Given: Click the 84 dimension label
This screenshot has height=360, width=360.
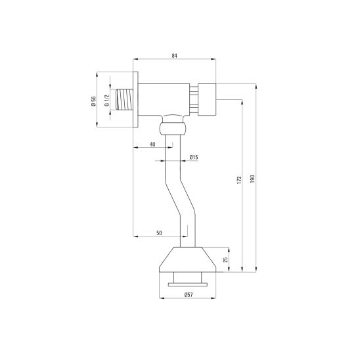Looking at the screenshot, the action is (x=174, y=56).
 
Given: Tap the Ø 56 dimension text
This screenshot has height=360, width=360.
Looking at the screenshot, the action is (x=93, y=101).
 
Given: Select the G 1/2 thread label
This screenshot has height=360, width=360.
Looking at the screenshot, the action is (x=107, y=101).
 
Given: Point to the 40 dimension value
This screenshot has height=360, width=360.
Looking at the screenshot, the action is (x=152, y=144).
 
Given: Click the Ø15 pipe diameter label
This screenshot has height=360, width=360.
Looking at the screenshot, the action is (x=194, y=157).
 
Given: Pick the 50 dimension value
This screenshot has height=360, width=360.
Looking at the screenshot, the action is (x=159, y=233).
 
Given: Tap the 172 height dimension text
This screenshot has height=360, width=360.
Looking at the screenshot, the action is (x=240, y=180).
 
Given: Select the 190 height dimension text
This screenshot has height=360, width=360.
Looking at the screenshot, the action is (x=252, y=179).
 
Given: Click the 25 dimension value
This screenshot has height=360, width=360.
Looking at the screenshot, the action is (x=226, y=259).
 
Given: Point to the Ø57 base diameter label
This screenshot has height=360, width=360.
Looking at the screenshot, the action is (x=189, y=295).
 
